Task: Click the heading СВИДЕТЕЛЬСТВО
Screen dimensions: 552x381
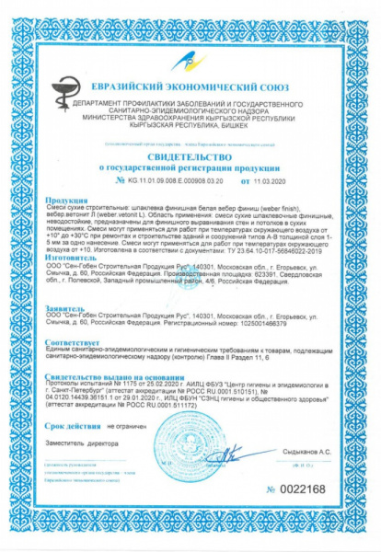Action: [190, 157]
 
